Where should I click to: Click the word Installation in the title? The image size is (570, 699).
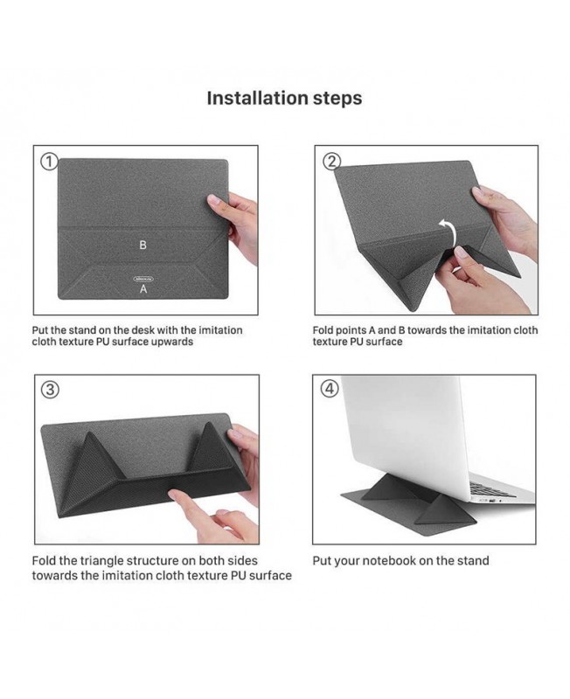click(257, 98)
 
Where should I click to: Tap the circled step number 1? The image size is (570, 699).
click(49, 162)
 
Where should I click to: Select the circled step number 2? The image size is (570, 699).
click(331, 162)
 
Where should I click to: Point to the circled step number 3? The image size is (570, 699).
click(50, 390)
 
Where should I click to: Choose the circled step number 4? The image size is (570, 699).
click(330, 389)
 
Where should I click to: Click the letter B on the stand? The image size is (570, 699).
click(142, 245)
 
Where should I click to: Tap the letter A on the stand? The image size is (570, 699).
click(143, 289)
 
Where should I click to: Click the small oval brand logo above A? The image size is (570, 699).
click(143, 279)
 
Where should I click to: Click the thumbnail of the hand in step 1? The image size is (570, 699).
click(214, 200)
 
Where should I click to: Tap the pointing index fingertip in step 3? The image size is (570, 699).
click(175, 495)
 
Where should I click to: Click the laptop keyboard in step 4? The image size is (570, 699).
click(490, 489)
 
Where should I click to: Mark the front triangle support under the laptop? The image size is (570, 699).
click(441, 509)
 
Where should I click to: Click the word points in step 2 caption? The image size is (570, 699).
click(350, 331)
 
